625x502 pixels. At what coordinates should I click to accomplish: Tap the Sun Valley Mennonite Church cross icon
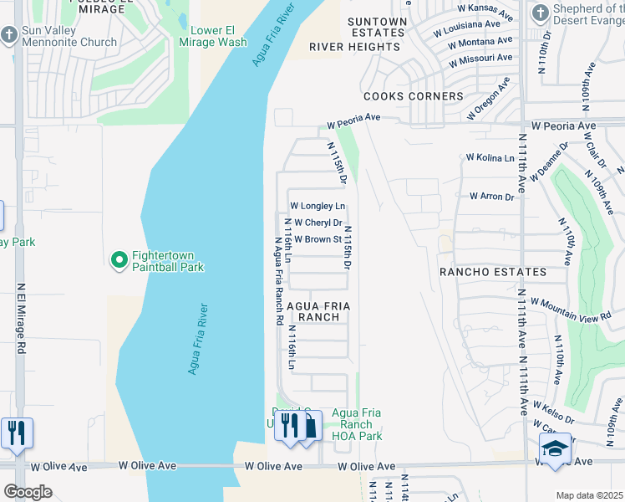click(9, 35)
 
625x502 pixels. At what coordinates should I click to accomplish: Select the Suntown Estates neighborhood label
click(377, 27)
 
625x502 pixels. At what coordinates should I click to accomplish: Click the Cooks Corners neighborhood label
click(413, 96)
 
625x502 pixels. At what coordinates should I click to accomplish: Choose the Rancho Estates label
click(493, 272)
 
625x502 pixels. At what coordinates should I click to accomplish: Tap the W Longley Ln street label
click(318, 206)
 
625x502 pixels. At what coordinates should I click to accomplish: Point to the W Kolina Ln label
click(490, 156)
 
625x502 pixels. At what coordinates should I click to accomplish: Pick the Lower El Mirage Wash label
click(218, 36)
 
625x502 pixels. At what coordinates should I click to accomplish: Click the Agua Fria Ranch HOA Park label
click(357, 424)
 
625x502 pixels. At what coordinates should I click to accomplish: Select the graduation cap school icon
click(556, 448)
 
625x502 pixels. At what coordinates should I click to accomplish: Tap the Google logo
click(28, 492)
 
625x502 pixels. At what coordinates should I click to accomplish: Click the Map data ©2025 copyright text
click(589, 495)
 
